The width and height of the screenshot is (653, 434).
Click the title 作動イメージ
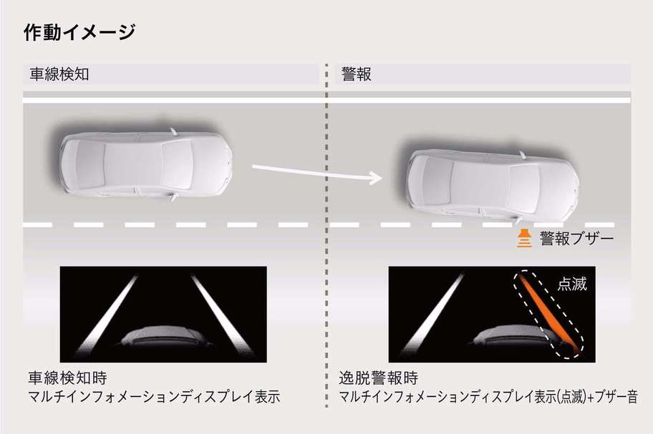pos(79,32)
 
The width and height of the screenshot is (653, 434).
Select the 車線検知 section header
pos(59,74)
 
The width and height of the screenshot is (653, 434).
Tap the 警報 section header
pos(356,74)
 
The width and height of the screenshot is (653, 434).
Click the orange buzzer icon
pos(524,238)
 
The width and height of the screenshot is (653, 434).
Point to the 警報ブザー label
pos(577,239)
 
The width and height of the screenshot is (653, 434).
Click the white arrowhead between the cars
pos(376,178)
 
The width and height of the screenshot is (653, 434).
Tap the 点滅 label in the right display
pos(572,284)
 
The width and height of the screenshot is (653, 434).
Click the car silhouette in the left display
pos(165,337)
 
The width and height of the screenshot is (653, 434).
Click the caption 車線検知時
pos(67,378)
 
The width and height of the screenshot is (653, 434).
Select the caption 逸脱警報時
pos(379,378)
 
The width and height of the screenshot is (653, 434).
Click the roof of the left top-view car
pos(133,163)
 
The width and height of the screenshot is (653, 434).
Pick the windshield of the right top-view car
pos(524,186)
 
